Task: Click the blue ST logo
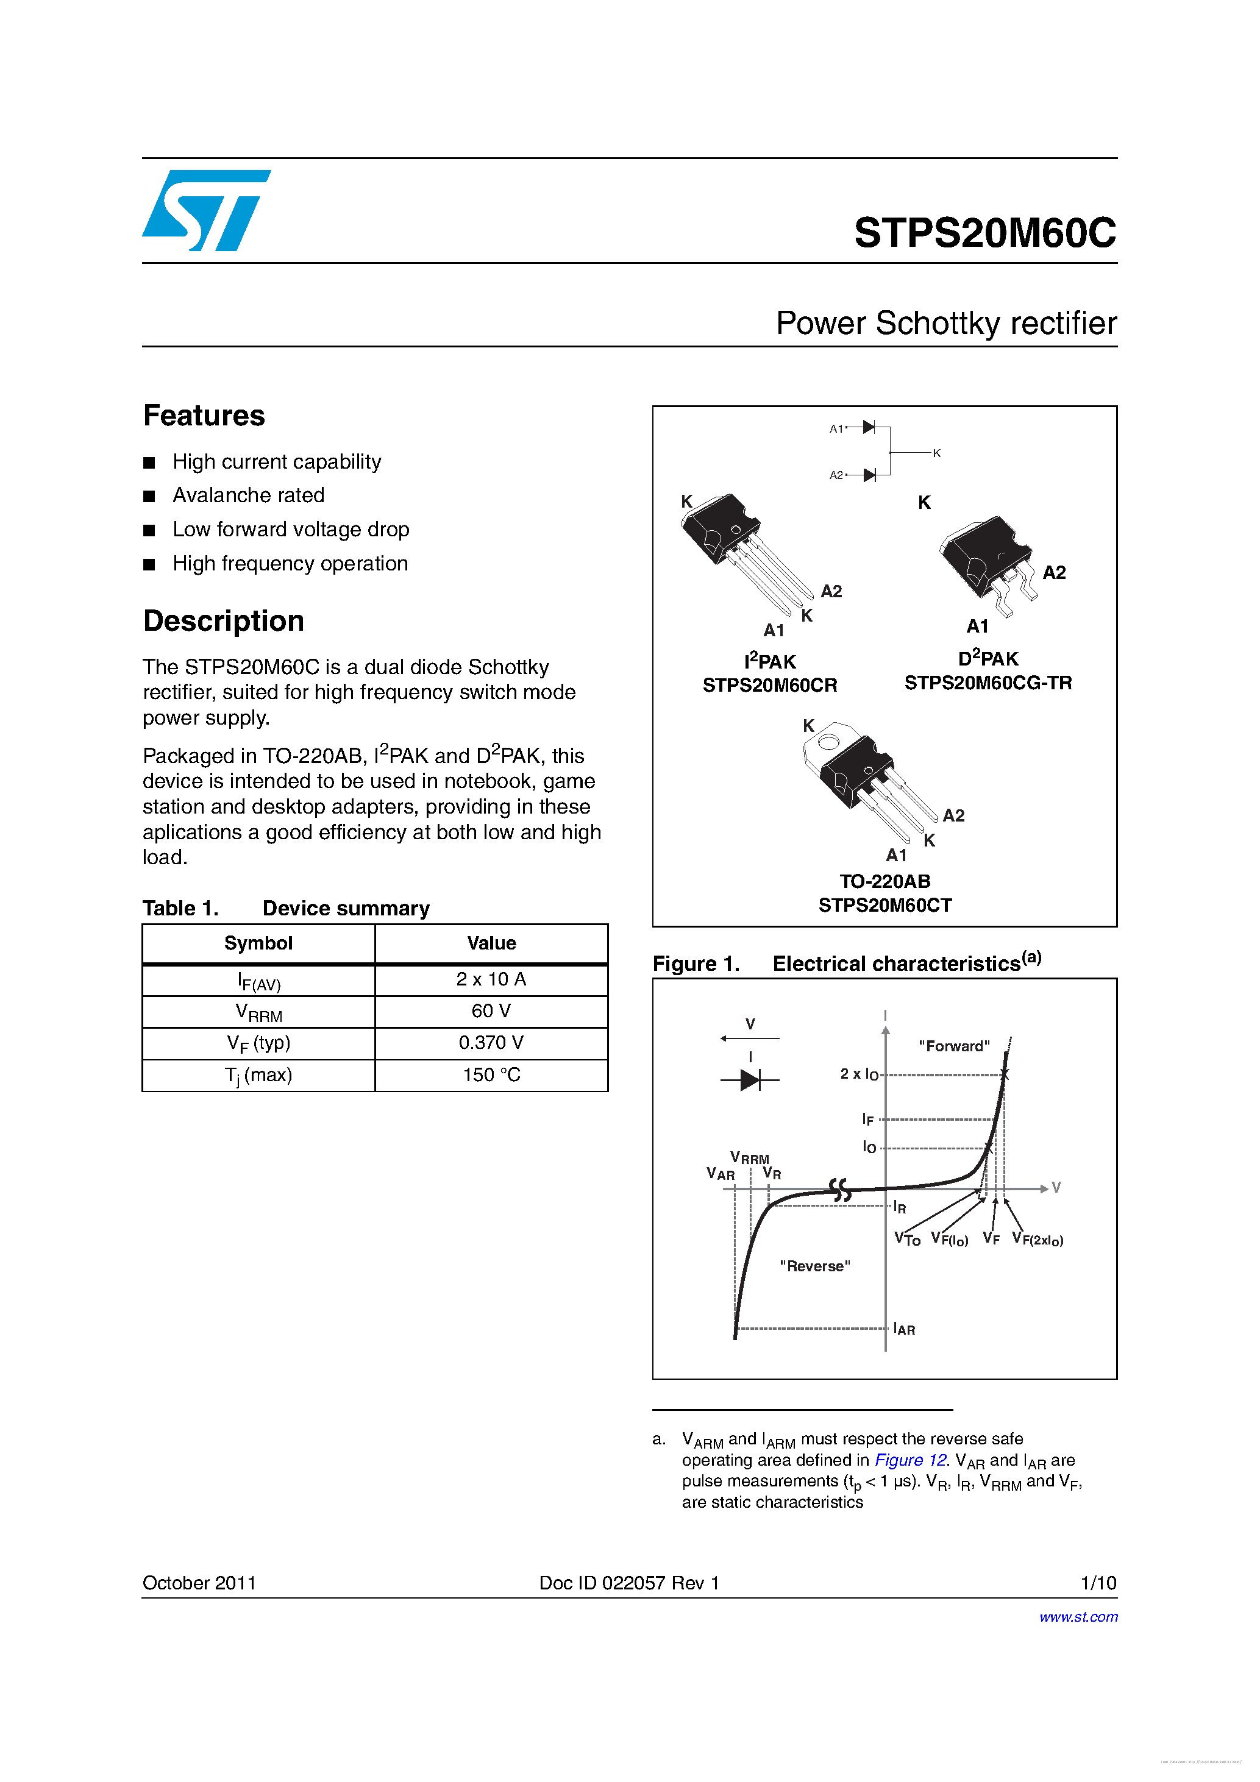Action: (205, 210)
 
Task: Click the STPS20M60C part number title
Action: (984, 232)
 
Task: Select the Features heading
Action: (204, 416)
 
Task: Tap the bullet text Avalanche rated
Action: (249, 495)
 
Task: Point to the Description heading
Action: (224, 621)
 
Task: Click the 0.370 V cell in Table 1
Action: (491, 1042)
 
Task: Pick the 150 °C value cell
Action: (491, 1075)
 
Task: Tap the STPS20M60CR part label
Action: (769, 686)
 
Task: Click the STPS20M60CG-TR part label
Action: (988, 683)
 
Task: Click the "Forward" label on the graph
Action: (953, 1046)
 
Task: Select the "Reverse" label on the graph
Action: (814, 1266)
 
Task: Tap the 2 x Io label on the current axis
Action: (859, 1074)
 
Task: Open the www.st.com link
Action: (1078, 1617)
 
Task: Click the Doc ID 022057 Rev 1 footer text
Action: (629, 1583)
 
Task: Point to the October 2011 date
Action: (199, 1583)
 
